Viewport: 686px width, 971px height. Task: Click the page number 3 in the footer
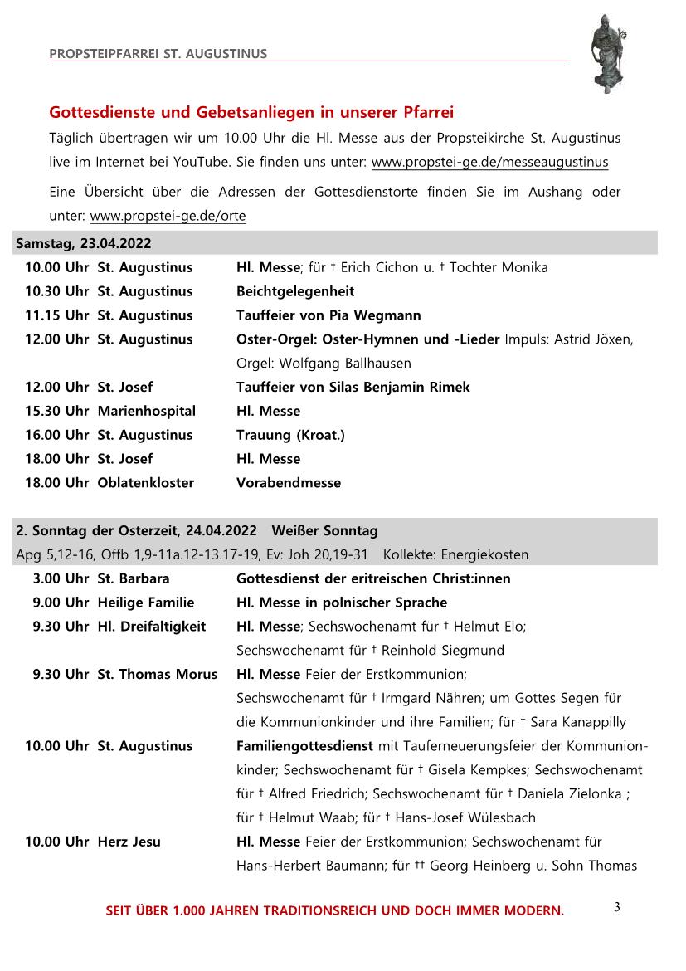point(617,907)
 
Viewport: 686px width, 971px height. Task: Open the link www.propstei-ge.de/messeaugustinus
point(489,162)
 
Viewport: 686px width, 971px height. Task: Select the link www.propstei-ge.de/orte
point(168,217)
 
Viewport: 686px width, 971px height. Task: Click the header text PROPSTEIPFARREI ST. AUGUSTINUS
point(158,54)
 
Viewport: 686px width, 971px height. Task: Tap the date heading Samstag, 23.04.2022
point(84,243)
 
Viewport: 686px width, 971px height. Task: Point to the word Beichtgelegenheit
point(295,291)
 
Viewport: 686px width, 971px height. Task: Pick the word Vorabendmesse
point(289,482)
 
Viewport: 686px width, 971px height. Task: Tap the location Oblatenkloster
point(145,482)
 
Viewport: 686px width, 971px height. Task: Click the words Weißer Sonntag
point(325,531)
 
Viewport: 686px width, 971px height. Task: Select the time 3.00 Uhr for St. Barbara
point(61,578)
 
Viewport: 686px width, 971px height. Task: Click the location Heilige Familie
point(145,603)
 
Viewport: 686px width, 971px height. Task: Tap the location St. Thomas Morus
point(157,674)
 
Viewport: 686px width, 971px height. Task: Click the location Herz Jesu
point(129,842)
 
